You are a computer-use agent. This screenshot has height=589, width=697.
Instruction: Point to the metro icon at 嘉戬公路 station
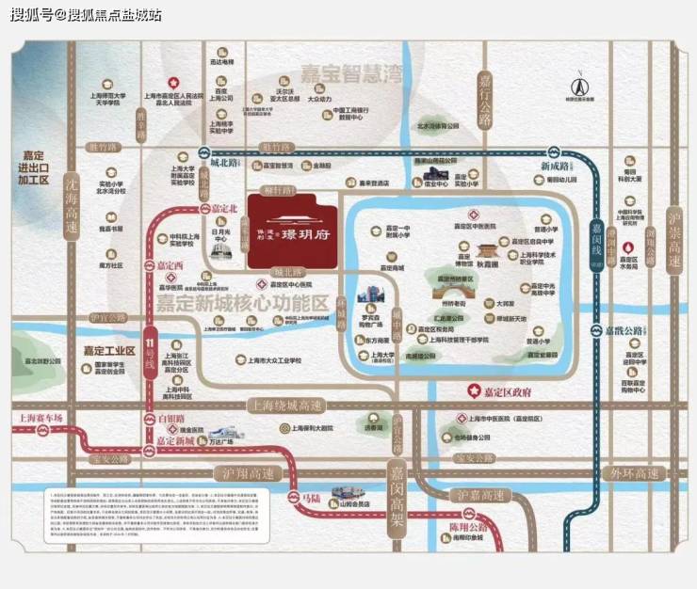(594, 330)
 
